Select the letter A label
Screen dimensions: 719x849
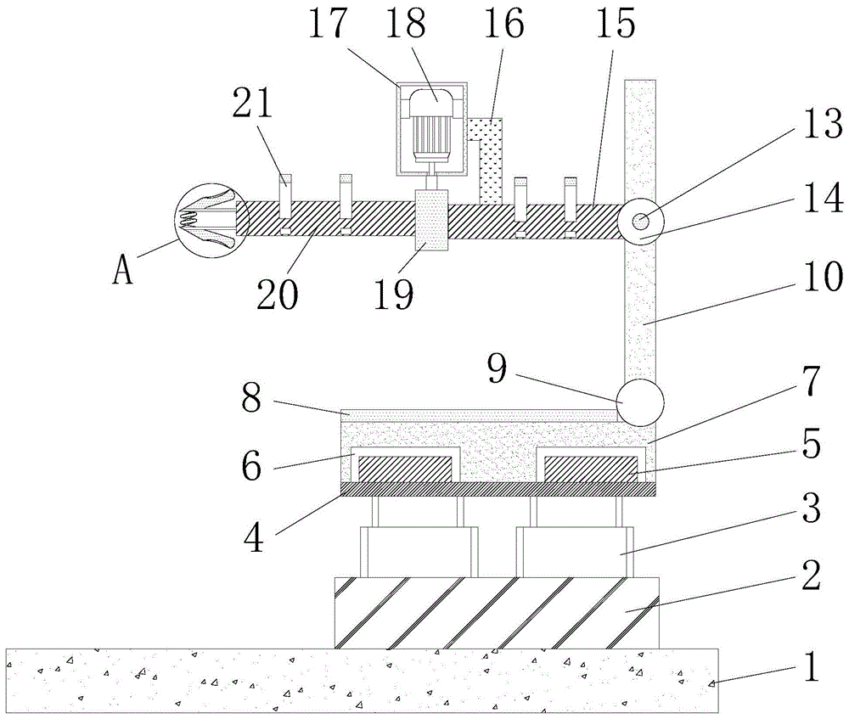click(x=124, y=271)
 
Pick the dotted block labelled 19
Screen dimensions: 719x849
click(x=432, y=220)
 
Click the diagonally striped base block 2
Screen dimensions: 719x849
click(x=497, y=613)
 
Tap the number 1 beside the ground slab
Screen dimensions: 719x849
click(x=811, y=666)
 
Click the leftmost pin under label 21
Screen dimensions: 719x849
click(x=286, y=204)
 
